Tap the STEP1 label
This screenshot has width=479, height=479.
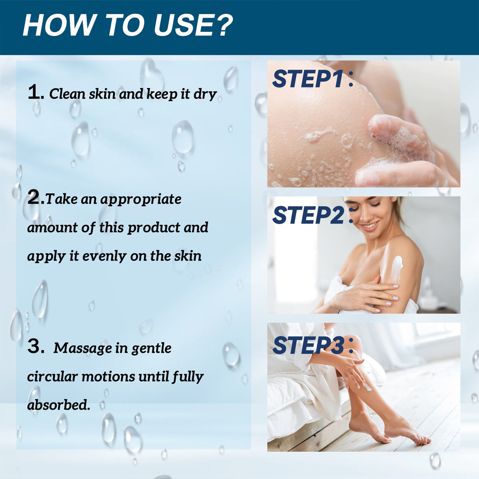[309, 79]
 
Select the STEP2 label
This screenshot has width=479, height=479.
[309, 215]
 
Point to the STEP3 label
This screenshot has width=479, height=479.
[309, 346]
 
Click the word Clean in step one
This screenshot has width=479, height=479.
[67, 94]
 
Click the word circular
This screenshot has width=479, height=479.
[52, 376]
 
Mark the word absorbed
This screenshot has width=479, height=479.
[58, 405]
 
